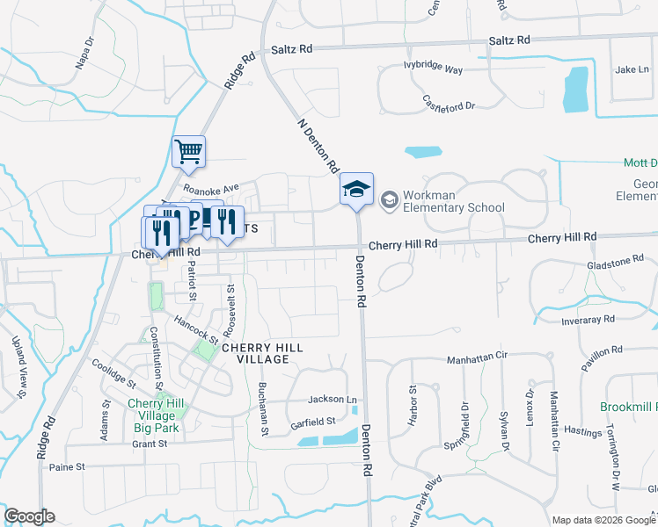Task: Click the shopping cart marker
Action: pyautogui.click(x=189, y=152)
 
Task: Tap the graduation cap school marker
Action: pyautogui.click(x=357, y=189)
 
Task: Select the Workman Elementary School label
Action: pyautogui.click(x=453, y=201)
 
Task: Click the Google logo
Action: pyautogui.click(x=29, y=516)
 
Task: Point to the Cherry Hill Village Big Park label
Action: pyautogui.click(x=153, y=415)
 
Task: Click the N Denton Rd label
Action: pyautogui.click(x=318, y=146)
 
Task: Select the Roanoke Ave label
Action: pyautogui.click(x=211, y=188)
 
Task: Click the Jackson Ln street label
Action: pyautogui.click(x=332, y=399)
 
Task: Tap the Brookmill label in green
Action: pyautogui.click(x=628, y=408)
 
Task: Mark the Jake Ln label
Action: pyautogui.click(x=631, y=69)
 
